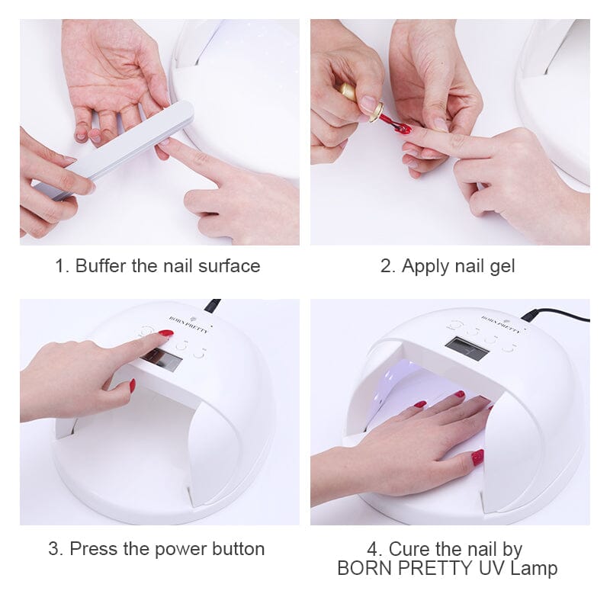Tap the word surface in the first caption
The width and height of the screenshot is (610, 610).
(x=230, y=266)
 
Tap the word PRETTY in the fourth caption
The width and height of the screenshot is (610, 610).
(x=434, y=568)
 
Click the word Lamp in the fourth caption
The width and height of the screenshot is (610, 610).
(x=534, y=569)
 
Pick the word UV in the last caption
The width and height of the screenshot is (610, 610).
(x=491, y=568)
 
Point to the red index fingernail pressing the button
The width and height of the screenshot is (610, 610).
(x=166, y=333)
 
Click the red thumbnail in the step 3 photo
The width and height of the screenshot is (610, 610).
(x=132, y=386)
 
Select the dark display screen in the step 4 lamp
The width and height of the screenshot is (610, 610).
(x=467, y=348)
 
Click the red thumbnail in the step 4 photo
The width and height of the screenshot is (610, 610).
(x=477, y=457)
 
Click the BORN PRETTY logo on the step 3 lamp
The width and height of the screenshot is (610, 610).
(x=188, y=325)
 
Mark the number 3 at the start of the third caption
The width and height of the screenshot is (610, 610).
(x=53, y=549)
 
